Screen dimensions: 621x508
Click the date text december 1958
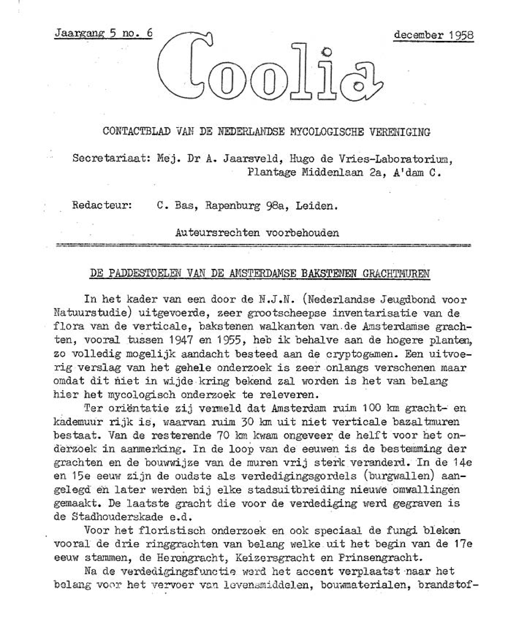(x=433, y=35)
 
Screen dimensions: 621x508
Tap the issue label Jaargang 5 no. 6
(x=103, y=33)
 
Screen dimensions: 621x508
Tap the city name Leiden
(x=317, y=206)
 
